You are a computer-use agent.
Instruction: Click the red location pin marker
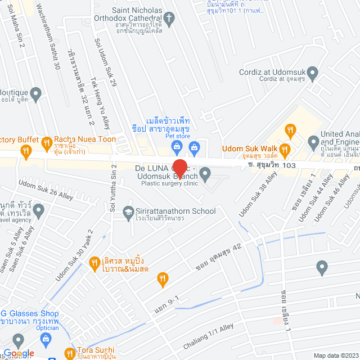click(x=179, y=168)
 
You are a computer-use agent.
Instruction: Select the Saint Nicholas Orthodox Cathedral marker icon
click(x=173, y=18)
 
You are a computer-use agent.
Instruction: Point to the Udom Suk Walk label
click(x=247, y=148)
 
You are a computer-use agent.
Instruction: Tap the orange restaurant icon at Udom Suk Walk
click(x=285, y=150)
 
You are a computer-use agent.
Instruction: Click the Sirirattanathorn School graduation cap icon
click(x=128, y=211)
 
